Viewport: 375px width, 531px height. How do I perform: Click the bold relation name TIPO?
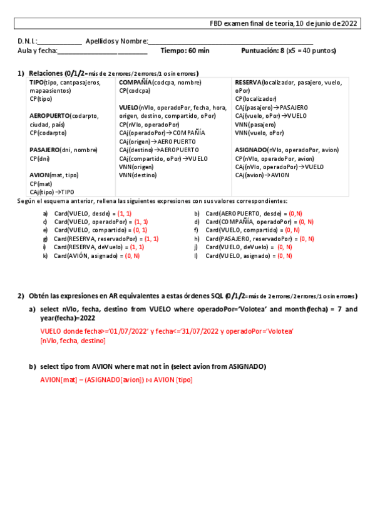pos(36,82)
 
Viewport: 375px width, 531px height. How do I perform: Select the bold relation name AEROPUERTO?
pos(49,116)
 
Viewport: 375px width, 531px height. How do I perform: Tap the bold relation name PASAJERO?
pos(44,150)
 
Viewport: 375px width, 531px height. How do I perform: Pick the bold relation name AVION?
pos(38,175)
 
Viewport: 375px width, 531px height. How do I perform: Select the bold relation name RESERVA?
pos(249,82)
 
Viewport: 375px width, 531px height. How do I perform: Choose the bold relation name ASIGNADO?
pos(250,150)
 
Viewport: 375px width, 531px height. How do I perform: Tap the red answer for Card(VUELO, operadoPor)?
pos(141,222)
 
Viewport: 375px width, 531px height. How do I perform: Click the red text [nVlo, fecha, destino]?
pos(73,341)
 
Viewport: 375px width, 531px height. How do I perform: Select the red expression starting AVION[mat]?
pos(116,379)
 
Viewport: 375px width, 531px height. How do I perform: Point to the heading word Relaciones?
pos(46,73)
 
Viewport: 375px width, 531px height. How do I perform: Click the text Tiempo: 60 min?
pos(185,51)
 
